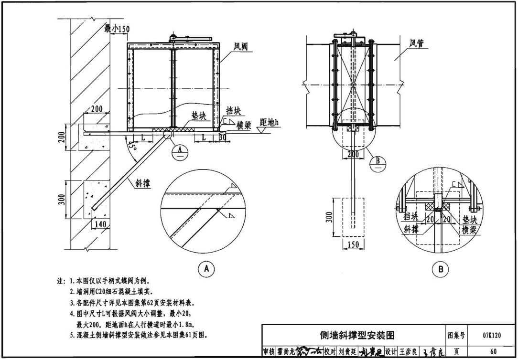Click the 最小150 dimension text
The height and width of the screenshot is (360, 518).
pyautogui.click(x=117, y=29)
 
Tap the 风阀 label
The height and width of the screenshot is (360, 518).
pyautogui.click(x=240, y=47)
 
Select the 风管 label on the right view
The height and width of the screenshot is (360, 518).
pyautogui.click(x=417, y=43)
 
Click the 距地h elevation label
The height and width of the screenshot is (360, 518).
pyautogui.click(x=269, y=122)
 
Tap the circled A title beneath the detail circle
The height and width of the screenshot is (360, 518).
pyautogui.click(x=206, y=269)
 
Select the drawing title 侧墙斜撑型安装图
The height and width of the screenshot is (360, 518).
pyautogui.click(x=357, y=335)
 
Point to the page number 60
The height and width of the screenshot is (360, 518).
pyautogui.click(x=492, y=352)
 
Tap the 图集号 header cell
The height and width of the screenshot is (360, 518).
pyautogui.click(x=456, y=335)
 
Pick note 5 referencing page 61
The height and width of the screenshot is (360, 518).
pyautogui.click(x=139, y=335)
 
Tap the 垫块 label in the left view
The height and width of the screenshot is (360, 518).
pyautogui.click(x=198, y=116)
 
